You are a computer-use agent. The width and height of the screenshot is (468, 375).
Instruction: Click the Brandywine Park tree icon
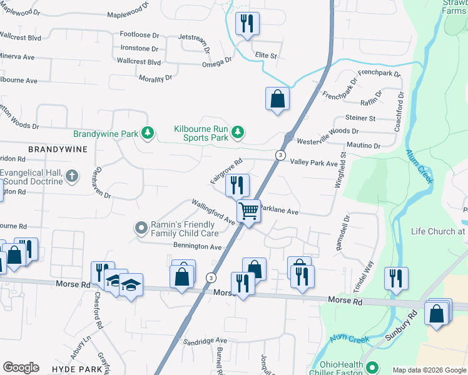[x=147, y=132]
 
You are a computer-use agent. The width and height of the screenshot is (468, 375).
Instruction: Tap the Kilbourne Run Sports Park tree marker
[x=237, y=132]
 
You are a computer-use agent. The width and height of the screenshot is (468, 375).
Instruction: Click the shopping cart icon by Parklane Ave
[x=248, y=211]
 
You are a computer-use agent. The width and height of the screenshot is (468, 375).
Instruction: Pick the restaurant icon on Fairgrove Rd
[x=237, y=185]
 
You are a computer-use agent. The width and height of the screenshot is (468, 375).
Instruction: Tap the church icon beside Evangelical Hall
[x=72, y=176]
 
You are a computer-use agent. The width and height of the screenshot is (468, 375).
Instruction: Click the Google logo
[x=21, y=367]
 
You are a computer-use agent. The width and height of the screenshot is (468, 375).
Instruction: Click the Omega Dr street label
[x=216, y=64]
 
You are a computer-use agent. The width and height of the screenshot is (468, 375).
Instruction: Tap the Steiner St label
[x=360, y=118]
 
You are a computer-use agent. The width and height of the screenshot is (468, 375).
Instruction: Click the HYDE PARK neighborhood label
[x=77, y=369]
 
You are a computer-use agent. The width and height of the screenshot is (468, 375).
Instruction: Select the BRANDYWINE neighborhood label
[x=58, y=150]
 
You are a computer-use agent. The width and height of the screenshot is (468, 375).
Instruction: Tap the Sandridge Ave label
[x=205, y=341]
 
